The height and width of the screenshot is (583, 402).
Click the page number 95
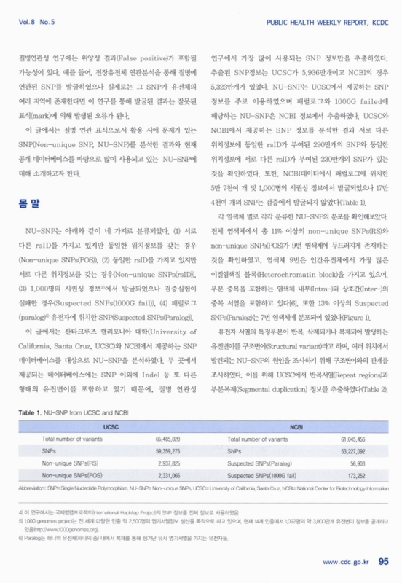point(385,560)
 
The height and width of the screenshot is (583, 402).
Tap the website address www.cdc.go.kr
point(344,561)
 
